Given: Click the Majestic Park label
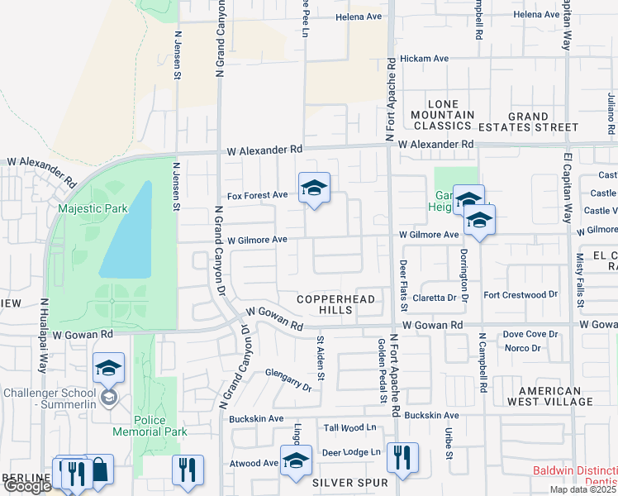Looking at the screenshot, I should (93, 208).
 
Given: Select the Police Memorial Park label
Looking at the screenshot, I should (150, 426).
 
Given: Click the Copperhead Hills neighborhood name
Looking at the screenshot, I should (336, 304).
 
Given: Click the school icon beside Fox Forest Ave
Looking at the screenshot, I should (314, 189).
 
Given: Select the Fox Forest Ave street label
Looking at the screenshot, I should (258, 195).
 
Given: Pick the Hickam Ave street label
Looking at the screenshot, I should (424, 59).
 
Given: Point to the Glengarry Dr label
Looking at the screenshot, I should (288, 379).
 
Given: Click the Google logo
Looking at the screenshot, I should (26, 486).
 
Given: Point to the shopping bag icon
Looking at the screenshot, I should (100, 470).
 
